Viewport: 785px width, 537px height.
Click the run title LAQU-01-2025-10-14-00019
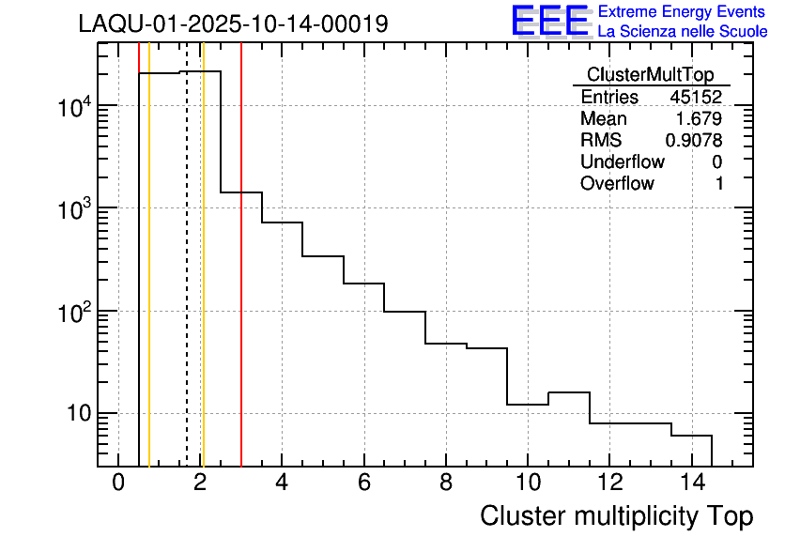pyautogui.click(x=233, y=24)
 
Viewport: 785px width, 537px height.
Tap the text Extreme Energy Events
pyautogui.click(x=682, y=12)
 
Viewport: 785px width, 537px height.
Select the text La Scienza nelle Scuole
pyautogui.click(x=682, y=32)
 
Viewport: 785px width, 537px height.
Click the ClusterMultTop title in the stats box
pyautogui.click(x=650, y=75)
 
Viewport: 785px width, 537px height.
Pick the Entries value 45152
pyautogui.click(x=695, y=98)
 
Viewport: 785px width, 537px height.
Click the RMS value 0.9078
pyautogui.click(x=694, y=141)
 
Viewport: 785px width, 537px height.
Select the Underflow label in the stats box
pyautogui.click(x=622, y=162)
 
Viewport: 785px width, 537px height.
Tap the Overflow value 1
pyautogui.click(x=719, y=184)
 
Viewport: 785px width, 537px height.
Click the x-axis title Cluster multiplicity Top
pyautogui.click(x=616, y=516)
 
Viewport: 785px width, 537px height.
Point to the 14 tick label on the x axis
pyautogui.click(x=690, y=484)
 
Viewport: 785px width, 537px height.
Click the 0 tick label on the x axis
pyautogui.click(x=118, y=484)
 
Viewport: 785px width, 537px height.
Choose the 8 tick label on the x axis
pyautogui.click(x=445, y=484)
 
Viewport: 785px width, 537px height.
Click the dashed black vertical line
pyautogui.click(x=187, y=282)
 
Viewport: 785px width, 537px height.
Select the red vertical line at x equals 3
pyautogui.click(x=241, y=282)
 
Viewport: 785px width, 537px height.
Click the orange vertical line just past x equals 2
pyautogui.click(x=203, y=282)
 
